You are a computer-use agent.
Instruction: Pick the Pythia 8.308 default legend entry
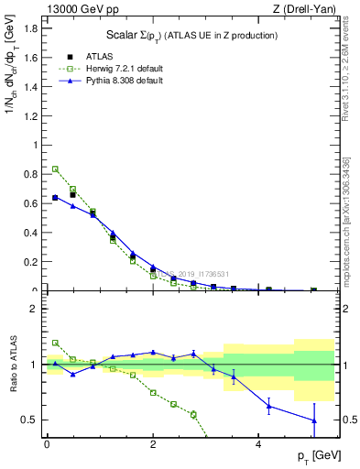tap(127, 81)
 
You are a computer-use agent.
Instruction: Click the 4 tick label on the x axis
tap(259, 444)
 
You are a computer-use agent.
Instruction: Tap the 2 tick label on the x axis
tap(153, 444)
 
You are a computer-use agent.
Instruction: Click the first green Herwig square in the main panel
tap(55, 169)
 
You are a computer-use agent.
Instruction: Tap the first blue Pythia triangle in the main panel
tap(55, 197)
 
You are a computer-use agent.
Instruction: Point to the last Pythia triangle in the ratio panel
tap(314, 420)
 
